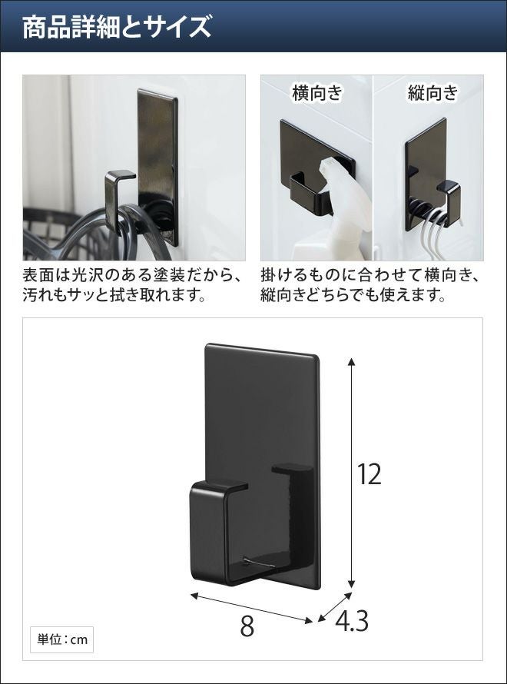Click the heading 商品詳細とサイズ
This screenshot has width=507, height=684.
click(117, 27)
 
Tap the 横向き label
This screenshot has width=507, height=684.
click(317, 93)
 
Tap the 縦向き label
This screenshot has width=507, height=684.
click(433, 93)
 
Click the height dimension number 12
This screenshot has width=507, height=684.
click(369, 474)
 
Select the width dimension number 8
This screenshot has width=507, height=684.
click(247, 627)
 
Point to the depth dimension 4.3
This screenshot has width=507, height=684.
click(351, 621)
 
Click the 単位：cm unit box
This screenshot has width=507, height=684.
click(62, 640)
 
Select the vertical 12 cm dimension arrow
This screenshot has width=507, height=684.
click(352, 473)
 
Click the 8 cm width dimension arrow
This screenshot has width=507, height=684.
click(251, 607)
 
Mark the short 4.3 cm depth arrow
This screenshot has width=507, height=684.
click(334, 607)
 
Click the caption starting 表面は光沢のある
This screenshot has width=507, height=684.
click(132, 286)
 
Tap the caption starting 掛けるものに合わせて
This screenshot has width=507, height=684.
click(371, 286)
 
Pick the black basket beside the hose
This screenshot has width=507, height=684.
click(52, 236)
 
